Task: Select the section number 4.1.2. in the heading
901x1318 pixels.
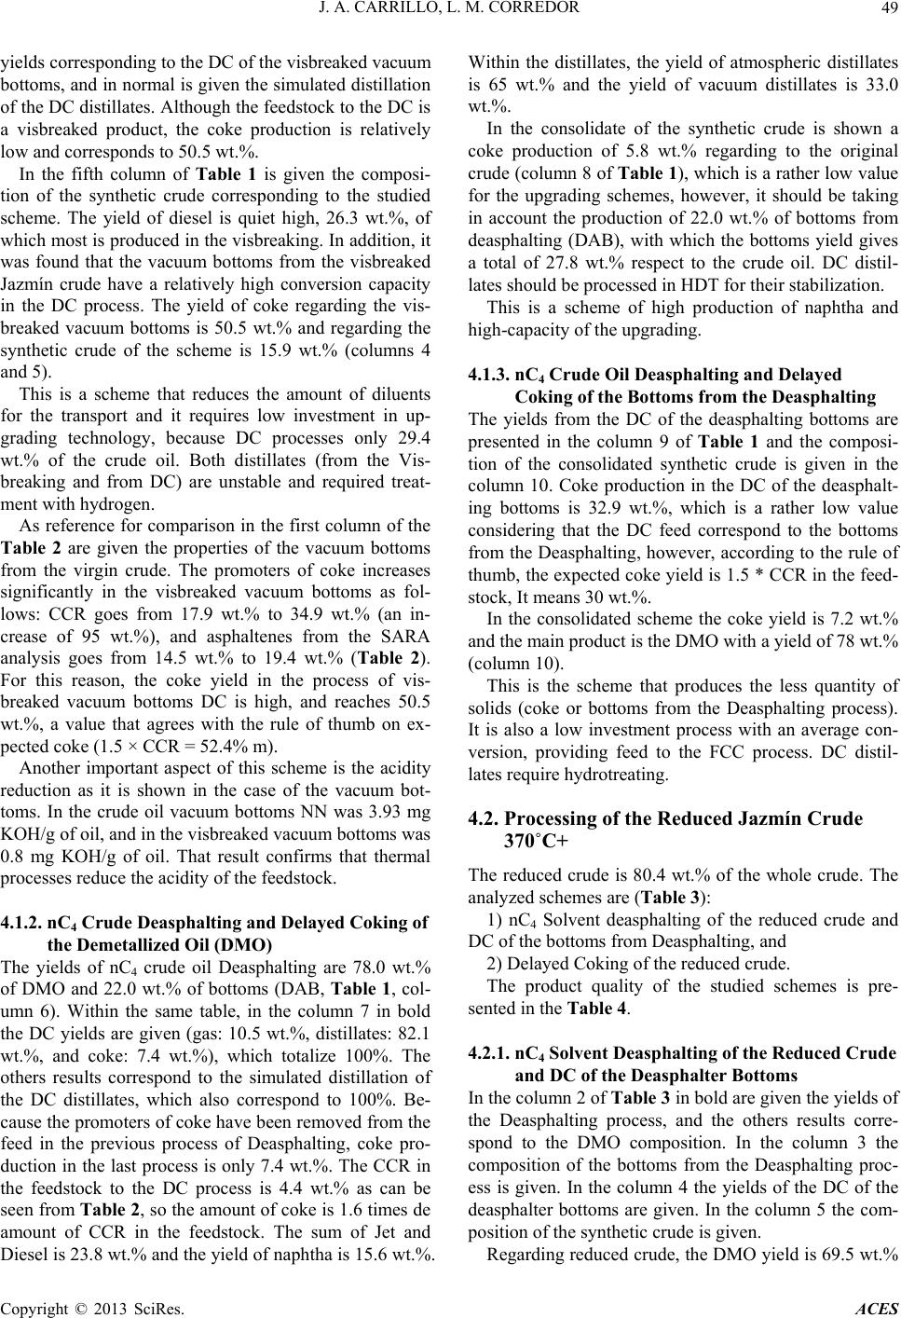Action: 23,923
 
